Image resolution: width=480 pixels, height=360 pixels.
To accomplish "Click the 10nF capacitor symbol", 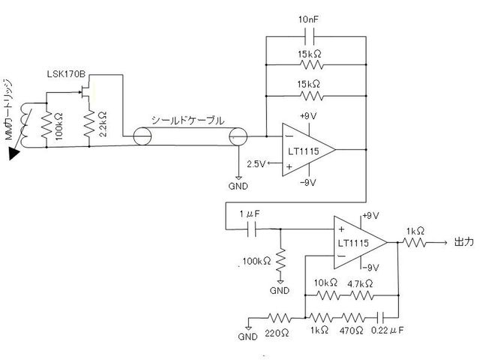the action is click(310, 37).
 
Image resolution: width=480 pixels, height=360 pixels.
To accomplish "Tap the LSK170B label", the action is click(66, 74).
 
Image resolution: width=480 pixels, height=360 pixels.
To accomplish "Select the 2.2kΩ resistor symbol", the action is click(89, 124).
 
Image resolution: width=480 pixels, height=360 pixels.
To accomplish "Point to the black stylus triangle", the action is click(13, 153).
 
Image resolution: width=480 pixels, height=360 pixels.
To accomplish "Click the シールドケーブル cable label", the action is click(187, 121).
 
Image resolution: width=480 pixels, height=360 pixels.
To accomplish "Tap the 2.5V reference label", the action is click(256, 164).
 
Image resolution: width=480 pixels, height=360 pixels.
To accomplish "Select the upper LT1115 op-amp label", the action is click(303, 151).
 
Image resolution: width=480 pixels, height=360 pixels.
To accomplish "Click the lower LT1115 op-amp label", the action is click(353, 243).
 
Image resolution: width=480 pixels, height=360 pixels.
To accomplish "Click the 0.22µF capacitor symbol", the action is click(382, 318).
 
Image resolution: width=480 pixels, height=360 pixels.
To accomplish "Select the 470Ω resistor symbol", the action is click(352, 318).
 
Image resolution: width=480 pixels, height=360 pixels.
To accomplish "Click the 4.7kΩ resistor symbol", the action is click(361, 295).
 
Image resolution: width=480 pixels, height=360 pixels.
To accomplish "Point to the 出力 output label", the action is click(463, 242).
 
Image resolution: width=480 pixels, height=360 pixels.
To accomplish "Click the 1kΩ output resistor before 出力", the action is click(414, 243).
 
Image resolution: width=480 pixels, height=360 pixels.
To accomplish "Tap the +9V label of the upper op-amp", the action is click(308, 116).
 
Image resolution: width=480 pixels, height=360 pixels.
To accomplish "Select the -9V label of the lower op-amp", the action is click(370, 268).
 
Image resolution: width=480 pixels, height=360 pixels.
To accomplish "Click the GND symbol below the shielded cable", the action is click(238, 178).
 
